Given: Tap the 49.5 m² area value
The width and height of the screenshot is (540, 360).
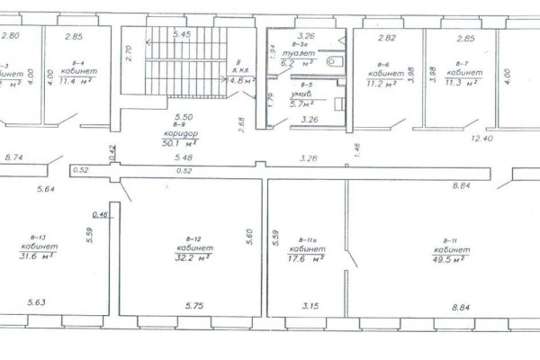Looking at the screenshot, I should click(450, 258).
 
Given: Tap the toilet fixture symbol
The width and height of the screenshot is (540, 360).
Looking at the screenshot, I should click(335, 60).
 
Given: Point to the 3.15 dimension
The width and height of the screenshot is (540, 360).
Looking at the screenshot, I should click(310, 306).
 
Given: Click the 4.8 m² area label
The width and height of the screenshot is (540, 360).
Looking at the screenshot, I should click(243, 80).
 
